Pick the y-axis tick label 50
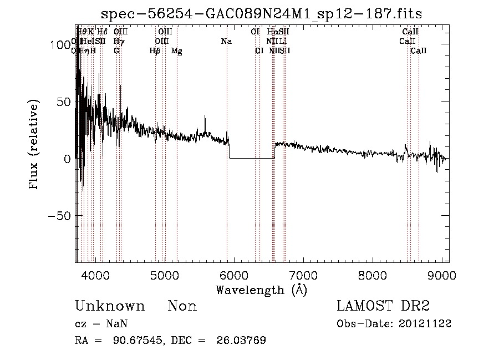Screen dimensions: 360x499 [x=63, y=102]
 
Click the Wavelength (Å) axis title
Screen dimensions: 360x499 [x=261, y=290]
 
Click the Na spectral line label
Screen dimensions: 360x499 [x=226, y=41]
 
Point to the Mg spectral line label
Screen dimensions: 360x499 [x=177, y=51]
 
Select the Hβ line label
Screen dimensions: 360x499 [x=155, y=51]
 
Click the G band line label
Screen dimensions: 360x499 [x=116, y=50]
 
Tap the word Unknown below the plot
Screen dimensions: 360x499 [x=110, y=306]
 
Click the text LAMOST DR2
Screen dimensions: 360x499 [x=383, y=306]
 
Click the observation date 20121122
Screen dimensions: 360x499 [x=426, y=324]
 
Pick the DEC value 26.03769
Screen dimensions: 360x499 [x=242, y=341]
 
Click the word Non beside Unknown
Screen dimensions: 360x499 [x=182, y=306]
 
